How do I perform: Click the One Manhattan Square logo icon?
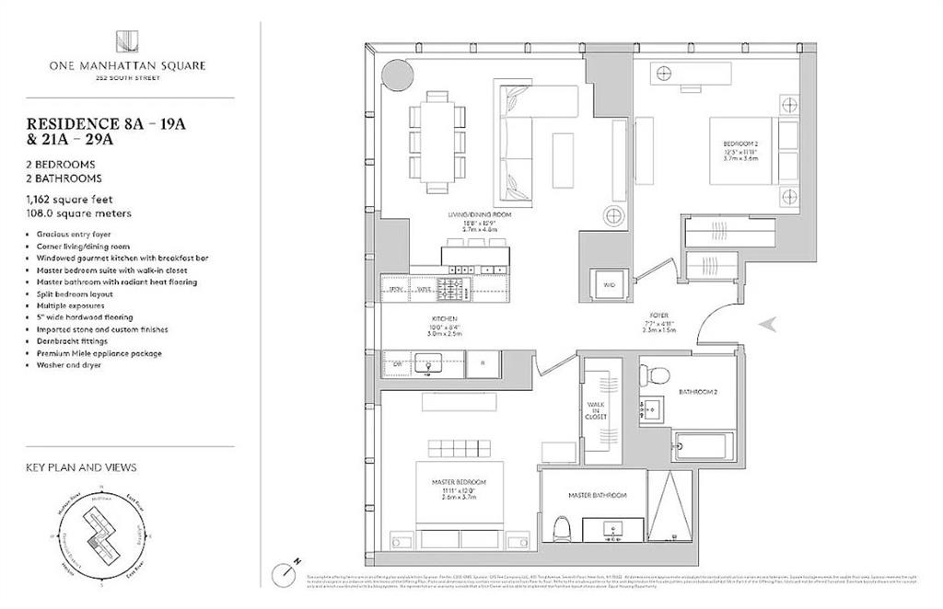click(x=127, y=41)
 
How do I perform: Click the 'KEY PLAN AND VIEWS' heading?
click(x=81, y=467)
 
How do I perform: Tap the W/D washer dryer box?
click(x=609, y=285)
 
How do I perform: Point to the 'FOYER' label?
click(x=657, y=312)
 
